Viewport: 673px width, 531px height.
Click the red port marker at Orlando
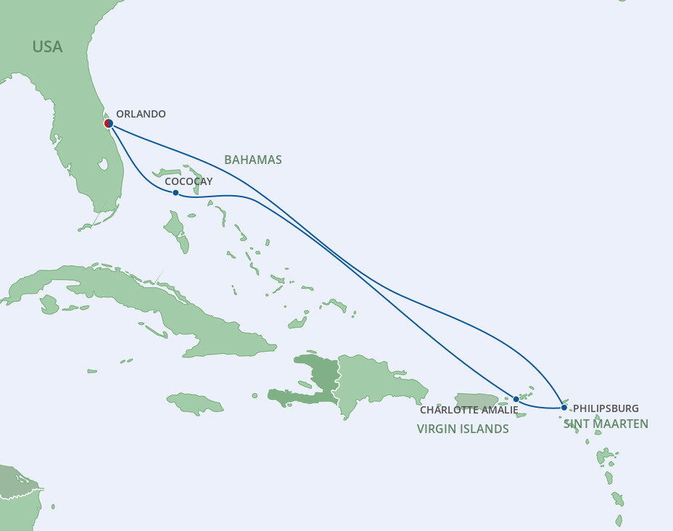[108, 123]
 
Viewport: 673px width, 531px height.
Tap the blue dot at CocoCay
[176, 192]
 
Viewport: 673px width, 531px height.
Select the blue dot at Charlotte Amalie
[516, 399]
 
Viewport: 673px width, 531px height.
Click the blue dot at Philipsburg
[564, 408]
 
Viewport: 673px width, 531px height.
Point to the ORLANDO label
[141, 114]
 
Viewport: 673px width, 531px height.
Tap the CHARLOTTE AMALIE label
[469, 411]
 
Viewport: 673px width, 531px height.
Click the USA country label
[47, 47]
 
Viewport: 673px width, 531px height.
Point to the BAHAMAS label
[252, 160]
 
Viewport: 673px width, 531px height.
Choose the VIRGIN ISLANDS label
[463, 429]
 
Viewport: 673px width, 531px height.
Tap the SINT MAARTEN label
[606, 424]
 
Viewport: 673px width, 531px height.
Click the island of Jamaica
[194, 403]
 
